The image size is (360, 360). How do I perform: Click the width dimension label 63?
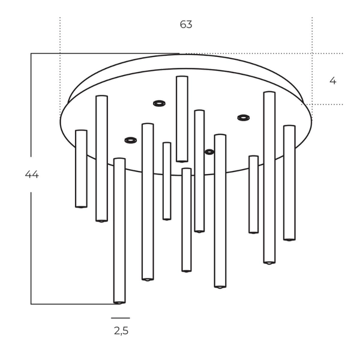(x=186, y=25)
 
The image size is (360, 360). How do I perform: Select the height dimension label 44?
(x=32, y=175)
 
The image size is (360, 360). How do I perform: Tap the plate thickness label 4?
(x=333, y=80)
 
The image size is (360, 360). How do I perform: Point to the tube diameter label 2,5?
(x=121, y=331)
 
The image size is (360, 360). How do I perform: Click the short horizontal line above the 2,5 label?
(x=120, y=318)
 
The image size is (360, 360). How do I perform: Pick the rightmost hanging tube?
(x=289, y=183)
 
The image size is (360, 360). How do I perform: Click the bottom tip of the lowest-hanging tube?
(x=119, y=302)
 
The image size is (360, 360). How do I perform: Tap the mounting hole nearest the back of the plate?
(x=159, y=103)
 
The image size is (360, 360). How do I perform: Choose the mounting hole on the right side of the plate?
(x=243, y=118)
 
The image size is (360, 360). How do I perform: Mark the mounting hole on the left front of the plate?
(x=130, y=140)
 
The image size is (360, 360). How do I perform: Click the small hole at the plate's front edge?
(x=209, y=152)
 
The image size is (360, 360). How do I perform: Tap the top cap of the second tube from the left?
(x=101, y=97)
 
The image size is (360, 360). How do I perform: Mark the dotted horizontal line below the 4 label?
(x=324, y=104)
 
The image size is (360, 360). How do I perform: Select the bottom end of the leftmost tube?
(x=81, y=206)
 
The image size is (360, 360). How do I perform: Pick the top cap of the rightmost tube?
(x=289, y=127)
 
